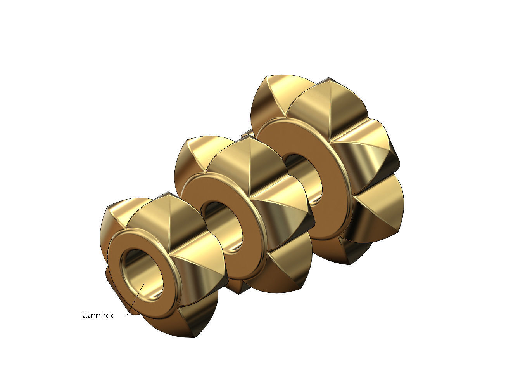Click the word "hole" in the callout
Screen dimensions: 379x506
coord(108,316)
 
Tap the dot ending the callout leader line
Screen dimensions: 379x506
coord(143,285)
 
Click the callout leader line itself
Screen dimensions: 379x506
coord(135,300)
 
